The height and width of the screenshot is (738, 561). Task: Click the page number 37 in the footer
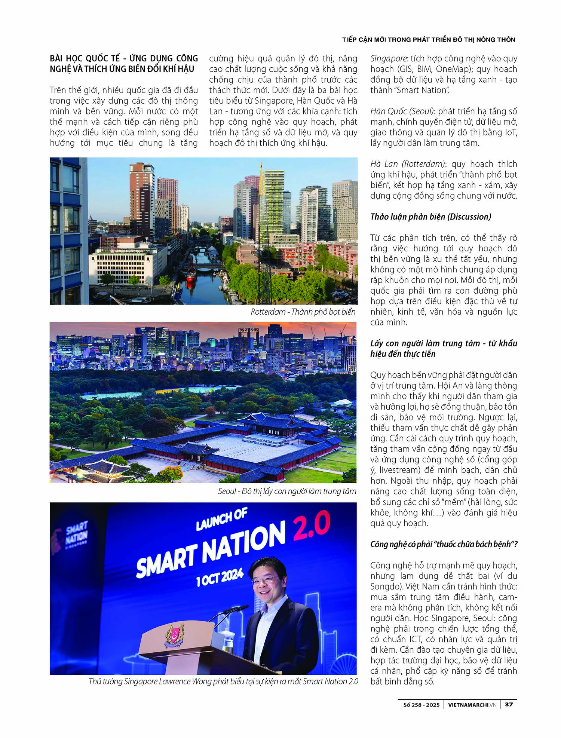tap(509, 704)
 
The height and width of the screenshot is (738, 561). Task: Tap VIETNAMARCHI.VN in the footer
tap(472, 705)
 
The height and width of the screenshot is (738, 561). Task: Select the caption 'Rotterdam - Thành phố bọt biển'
tap(303, 312)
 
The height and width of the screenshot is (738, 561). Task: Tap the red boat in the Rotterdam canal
tap(190, 276)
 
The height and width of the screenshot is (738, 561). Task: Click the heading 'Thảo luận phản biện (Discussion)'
tap(430, 217)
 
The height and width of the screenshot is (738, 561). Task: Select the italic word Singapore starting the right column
tap(388, 58)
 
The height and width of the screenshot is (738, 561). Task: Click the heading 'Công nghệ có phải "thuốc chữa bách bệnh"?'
tap(444, 544)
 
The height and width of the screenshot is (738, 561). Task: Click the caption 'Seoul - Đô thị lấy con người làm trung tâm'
tap(287, 491)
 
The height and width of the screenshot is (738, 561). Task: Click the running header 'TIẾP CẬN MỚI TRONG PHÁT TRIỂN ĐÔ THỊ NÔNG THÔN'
tap(429, 40)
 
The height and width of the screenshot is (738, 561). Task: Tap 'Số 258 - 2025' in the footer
tap(421, 705)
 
